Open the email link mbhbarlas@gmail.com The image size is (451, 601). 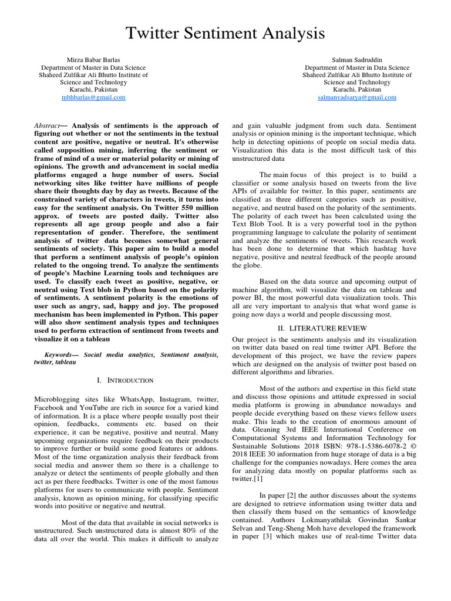point(93,97)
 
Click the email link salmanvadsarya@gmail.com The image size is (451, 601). point(356,97)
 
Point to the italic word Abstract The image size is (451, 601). point(47,126)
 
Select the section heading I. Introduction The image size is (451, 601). point(126,380)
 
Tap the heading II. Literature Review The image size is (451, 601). point(325,327)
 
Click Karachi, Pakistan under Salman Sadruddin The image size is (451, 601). point(356,90)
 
